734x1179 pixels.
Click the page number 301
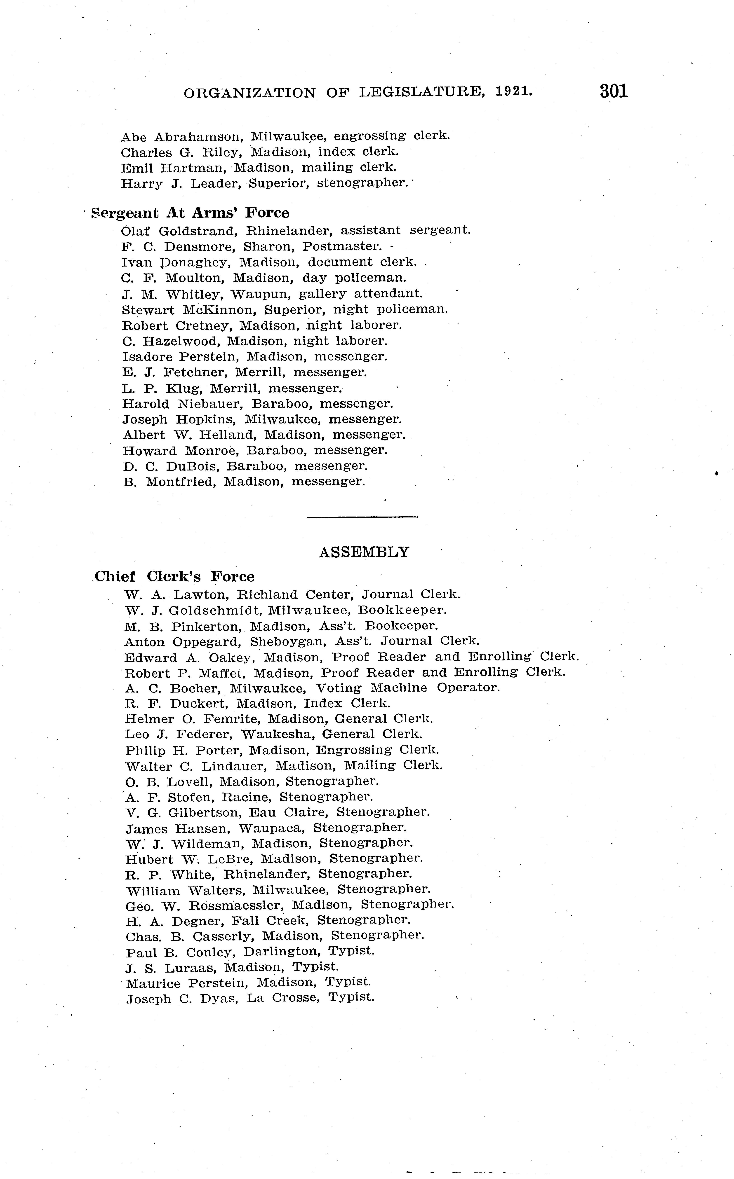(614, 91)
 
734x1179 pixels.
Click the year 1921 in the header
(514, 92)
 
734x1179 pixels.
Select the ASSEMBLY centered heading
(364, 552)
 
